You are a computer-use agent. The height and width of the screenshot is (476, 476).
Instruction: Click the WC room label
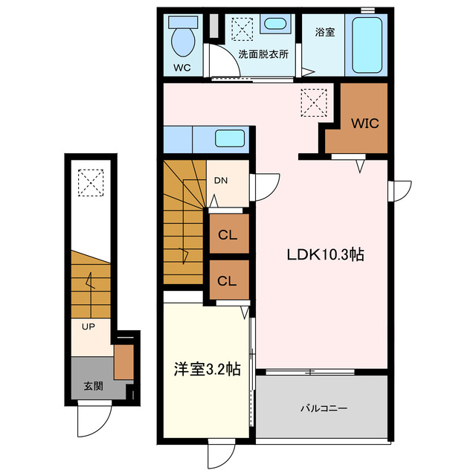182,68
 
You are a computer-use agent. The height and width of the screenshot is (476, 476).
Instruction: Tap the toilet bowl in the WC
181,40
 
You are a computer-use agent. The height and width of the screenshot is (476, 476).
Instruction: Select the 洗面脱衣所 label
263,54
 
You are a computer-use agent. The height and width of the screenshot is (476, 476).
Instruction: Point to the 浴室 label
324,32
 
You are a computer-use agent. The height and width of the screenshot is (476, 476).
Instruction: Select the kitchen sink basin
231,138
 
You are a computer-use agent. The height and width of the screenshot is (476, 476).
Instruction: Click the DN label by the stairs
221,181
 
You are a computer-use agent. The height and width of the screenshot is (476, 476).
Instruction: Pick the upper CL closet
228,234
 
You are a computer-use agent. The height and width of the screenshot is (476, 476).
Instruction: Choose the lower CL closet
228,280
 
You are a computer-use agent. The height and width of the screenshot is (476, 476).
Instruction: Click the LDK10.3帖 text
325,254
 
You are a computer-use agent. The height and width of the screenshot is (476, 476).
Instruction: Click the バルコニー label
324,408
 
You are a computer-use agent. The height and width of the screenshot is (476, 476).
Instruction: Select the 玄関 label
93,385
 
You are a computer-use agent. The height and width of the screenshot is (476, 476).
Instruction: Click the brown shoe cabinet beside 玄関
123,361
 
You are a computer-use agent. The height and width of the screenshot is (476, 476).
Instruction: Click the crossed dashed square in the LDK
314,102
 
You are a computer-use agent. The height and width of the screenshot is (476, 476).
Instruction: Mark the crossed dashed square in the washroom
242,29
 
